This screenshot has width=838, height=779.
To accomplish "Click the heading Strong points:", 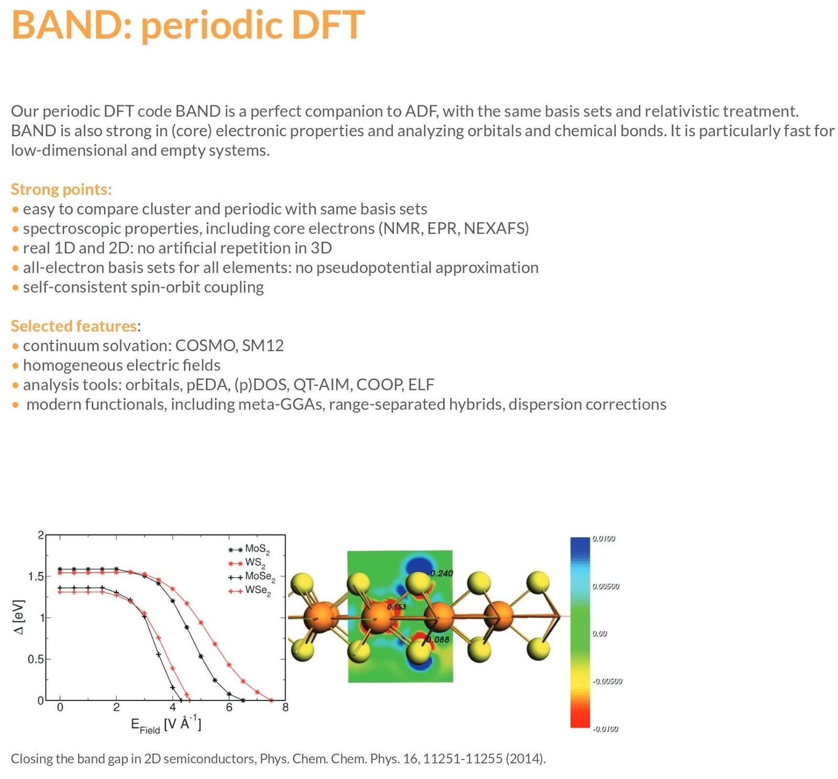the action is [61, 189].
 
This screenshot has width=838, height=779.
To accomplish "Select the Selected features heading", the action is [74, 326].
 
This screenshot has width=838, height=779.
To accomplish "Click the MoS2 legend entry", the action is [249, 549].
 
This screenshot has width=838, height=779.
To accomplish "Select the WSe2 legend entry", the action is [250, 591].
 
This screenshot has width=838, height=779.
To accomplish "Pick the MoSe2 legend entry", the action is [252, 577].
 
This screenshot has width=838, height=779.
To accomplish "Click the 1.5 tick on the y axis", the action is [36, 577].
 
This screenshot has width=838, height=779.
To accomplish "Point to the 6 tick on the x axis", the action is [229, 708].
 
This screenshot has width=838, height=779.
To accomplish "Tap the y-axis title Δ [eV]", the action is [19, 618].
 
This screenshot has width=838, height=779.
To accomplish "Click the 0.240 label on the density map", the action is [442, 574].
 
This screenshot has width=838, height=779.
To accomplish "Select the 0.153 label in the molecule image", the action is [396, 607].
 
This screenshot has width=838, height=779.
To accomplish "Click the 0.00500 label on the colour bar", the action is [606, 586].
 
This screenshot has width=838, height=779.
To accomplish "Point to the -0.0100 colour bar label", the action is [605, 729].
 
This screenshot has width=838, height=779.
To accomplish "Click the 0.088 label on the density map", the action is [438, 640].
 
